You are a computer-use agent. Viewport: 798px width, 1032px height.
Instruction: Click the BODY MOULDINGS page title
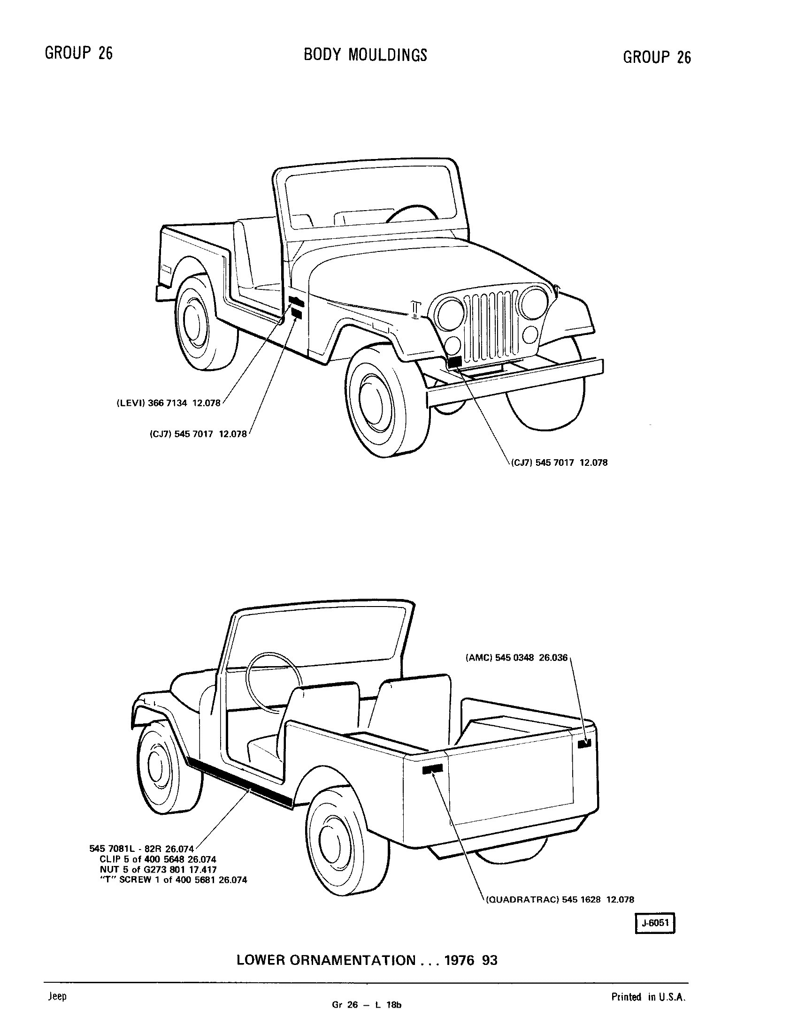(x=365, y=55)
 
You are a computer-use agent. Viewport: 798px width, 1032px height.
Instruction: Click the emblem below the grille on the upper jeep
(x=454, y=362)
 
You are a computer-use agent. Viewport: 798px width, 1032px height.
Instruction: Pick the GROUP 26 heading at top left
(x=79, y=53)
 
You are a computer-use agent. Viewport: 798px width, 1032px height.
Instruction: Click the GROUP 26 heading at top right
(x=657, y=57)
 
